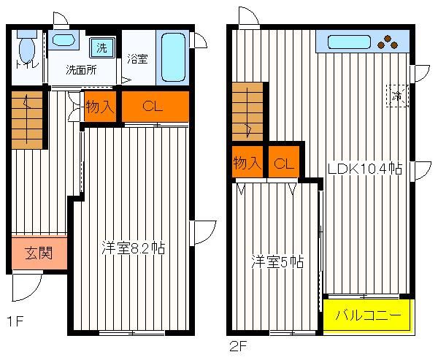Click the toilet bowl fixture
tap(27, 47)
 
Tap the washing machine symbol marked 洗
tap(102, 47)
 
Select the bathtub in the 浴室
tap(173, 57)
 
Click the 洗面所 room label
tap(81, 70)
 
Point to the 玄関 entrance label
tap(39, 253)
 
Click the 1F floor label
tap(15, 321)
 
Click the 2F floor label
tap(238, 347)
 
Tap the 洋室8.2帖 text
tap(134, 248)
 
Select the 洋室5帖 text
tap(277, 262)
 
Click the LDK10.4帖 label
tap(365, 169)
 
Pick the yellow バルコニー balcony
tap(368, 315)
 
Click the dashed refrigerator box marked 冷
tap(397, 96)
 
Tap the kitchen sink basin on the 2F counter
tap(349, 42)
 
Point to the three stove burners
tap(388, 42)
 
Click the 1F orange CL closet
tap(155, 107)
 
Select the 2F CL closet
tap(284, 162)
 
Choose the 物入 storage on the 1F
tap(100, 107)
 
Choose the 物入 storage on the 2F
tap(247, 162)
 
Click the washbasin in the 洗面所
tap(64, 39)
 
